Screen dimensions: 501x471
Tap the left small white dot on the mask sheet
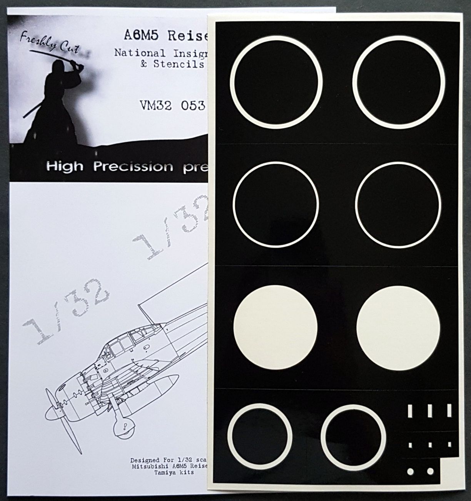coord(410,471)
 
